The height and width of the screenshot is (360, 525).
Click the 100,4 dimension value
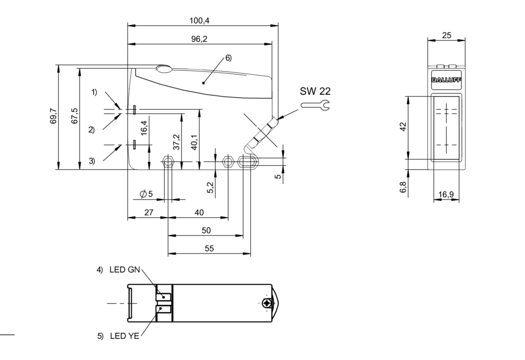click(199, 21)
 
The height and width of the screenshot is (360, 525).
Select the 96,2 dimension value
click(199, 39)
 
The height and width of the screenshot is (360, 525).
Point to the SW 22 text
click(315, 91)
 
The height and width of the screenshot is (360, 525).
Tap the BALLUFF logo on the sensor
click(446, 80)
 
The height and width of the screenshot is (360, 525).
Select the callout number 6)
click(228, 58)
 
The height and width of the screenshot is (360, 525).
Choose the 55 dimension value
click(209, 248)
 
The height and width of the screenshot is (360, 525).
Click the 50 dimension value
click(206, 230)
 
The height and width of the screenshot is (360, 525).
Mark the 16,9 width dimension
click(446, 195)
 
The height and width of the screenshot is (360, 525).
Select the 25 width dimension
click(447, 35)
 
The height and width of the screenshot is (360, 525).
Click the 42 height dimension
click(403, 126)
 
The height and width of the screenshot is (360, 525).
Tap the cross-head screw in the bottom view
click(268, 303)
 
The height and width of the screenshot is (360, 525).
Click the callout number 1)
click(94, 92)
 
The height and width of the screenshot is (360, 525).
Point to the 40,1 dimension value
click(194, 142)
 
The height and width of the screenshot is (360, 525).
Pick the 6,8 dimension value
click(403, 187)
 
